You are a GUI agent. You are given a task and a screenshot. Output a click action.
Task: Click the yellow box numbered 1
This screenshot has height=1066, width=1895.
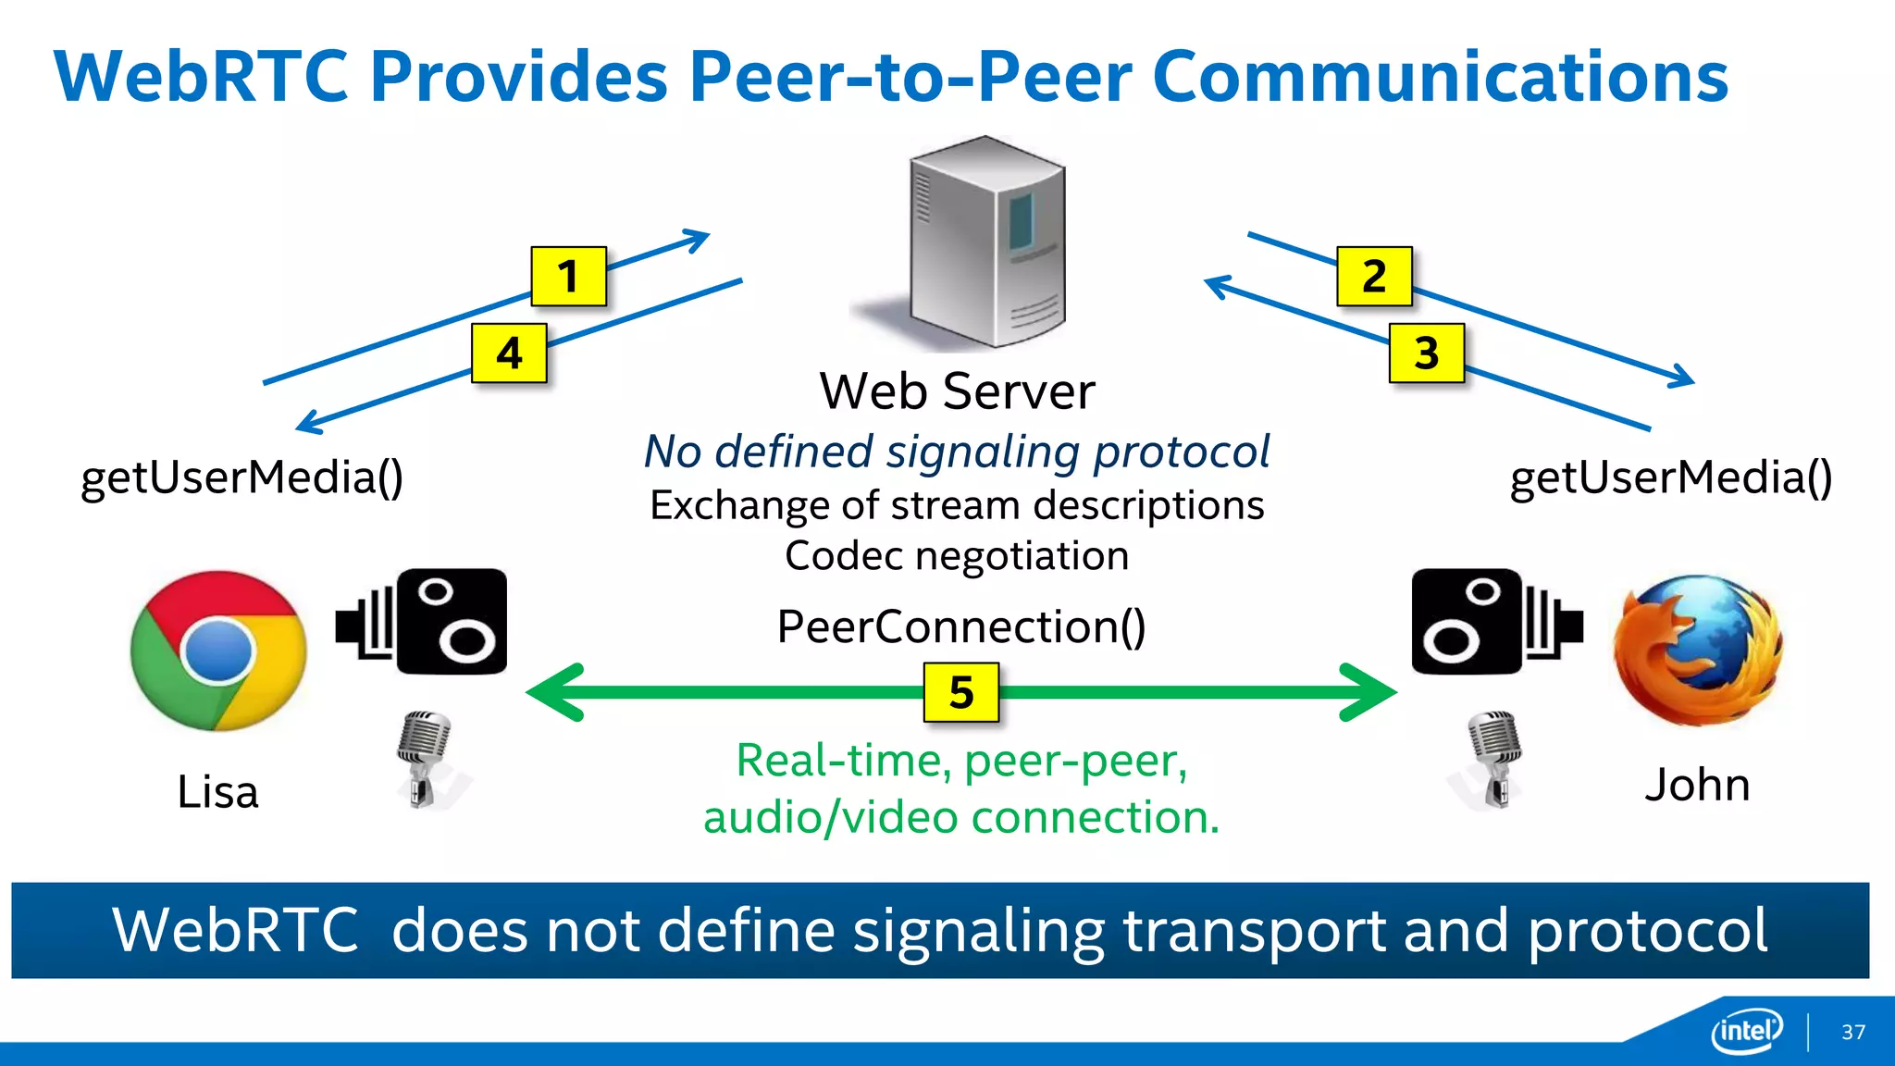[x=568, y=276]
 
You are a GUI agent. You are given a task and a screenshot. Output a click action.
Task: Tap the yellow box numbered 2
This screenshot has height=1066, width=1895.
[x=1374, y=276]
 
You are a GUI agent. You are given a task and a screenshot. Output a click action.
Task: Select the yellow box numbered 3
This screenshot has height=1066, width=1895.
[x=1426, y=353]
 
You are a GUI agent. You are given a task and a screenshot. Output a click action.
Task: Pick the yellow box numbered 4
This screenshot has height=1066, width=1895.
[x=509, y=353]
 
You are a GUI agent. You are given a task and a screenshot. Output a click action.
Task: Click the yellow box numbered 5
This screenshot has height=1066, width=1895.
[x=961, y=692]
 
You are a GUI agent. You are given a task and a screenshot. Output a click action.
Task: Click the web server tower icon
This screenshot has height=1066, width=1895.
[x=986, y=242]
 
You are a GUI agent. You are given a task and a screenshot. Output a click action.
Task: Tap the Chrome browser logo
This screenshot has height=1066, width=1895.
[x=218, y=651]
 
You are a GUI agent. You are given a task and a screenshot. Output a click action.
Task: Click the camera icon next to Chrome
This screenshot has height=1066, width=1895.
[x=423, y=622]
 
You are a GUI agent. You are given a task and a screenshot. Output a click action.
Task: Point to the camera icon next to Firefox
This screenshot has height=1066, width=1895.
[x=1495, y=622]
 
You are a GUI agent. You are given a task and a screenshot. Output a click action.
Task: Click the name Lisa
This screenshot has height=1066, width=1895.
[x=217, y=792]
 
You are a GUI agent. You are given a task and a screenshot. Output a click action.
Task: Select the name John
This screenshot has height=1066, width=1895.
[x=1697, y=785]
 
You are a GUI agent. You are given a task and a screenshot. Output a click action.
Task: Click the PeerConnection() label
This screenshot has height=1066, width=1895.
[x=961, y=626]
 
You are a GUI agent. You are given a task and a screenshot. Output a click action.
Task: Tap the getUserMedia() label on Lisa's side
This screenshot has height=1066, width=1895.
[x=242, y=477]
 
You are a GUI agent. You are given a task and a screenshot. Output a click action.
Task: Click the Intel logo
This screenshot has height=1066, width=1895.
[x=1746, y=1030]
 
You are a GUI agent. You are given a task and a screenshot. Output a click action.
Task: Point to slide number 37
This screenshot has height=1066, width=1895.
[x=1852, y=1032]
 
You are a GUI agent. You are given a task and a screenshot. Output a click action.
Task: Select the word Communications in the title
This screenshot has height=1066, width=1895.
[x=1440, y=77]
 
